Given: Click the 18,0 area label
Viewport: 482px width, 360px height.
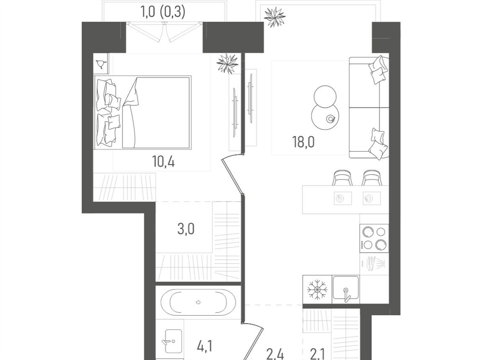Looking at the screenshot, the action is [x=304, y=143].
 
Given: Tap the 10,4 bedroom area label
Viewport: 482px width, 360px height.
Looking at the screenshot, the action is [x=163, y=161].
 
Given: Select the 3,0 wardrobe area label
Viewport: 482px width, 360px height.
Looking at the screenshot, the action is [x=186, y=229].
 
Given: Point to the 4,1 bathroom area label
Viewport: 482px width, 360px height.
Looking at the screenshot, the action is [x=204, y=347].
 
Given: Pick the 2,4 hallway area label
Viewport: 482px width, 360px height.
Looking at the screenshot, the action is [x=275, y=355].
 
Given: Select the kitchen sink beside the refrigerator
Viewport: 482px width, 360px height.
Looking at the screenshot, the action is [x=346, y=288].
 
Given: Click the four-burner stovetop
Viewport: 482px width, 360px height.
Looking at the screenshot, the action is [x=374, y=239].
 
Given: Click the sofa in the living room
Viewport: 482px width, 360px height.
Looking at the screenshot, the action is [x=369, y=107].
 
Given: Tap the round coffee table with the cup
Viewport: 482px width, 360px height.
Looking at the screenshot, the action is [x=325, y=115].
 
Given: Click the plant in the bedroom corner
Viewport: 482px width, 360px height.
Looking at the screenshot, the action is [x=227, y=64].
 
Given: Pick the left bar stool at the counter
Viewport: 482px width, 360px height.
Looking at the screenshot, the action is [x=342, y=178].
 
